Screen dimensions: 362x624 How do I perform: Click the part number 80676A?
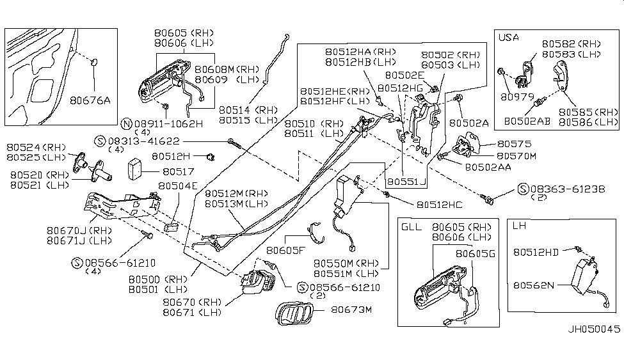(90, 100)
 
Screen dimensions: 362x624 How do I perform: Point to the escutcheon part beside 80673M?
(296, 315)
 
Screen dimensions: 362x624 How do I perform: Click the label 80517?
(176, 171)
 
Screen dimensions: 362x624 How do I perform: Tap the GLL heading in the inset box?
(411, 227)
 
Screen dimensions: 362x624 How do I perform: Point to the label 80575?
(509, 145)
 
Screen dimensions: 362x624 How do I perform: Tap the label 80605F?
(285, 251)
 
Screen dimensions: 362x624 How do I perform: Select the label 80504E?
(177, 186)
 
